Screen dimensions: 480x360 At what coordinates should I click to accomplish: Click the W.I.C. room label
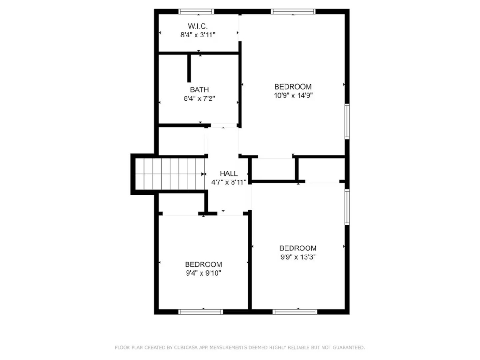point(198,26)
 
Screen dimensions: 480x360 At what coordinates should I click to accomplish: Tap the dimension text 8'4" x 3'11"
point(198,35)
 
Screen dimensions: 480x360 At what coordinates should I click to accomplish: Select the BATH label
point(199,90)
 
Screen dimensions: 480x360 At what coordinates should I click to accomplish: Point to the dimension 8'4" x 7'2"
point(199,98)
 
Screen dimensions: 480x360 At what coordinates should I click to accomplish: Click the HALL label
point(229,173)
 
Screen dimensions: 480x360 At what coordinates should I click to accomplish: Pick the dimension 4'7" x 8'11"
point(229,182)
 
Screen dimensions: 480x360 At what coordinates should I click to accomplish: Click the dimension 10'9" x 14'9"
point(293,96)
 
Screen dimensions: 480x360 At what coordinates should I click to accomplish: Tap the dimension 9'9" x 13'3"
point(298,257)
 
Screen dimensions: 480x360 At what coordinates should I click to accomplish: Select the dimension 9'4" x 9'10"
point(203,273)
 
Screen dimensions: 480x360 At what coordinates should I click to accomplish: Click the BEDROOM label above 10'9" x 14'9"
point(293,87)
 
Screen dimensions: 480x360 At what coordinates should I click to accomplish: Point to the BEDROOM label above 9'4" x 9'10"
point(203,264)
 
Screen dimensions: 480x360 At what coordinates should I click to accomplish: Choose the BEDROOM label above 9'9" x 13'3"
point(298,248)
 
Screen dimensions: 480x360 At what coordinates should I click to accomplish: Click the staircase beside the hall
point(170,174)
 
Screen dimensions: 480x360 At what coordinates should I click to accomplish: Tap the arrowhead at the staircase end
point(203,174)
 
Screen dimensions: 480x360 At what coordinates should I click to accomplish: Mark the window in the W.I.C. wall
point(196,12)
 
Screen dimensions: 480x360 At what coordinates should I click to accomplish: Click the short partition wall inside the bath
point(189,68)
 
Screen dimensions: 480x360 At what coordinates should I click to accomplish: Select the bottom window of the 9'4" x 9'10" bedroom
point(201,312)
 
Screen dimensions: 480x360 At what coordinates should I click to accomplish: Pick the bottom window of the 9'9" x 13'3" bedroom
point(295,312)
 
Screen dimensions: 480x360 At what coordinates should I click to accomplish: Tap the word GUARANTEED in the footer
point(349,347)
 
